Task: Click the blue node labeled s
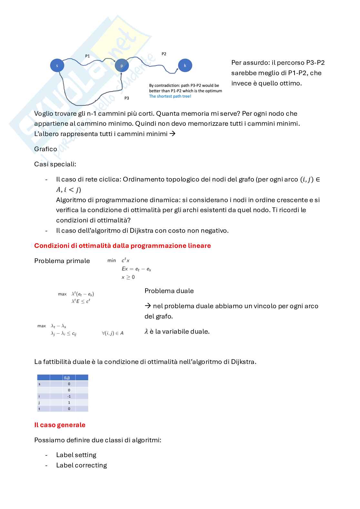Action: point(57,65)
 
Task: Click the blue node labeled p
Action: point(122,65)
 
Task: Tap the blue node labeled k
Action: point(185,65)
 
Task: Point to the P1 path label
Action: point(87,56)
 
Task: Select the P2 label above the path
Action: point(164,54)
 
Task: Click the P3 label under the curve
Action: point(127,98)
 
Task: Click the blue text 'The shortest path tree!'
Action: point(170,96)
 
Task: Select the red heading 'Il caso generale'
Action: point(60,425)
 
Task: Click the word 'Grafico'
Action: point(45,149)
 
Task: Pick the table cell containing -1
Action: point(69,396)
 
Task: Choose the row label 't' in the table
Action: point(39,409)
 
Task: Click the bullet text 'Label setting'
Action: point(76,455)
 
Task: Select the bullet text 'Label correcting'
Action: point(81,465)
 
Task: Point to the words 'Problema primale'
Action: point(62,261)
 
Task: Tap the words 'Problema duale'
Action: point(169,291)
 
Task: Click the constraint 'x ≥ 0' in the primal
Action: point(128,277)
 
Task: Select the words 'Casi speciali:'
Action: point(55,164)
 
